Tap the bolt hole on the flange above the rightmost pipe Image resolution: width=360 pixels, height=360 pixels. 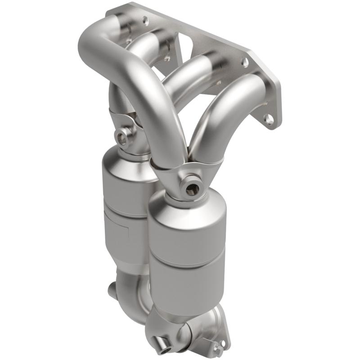(245, 62)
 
